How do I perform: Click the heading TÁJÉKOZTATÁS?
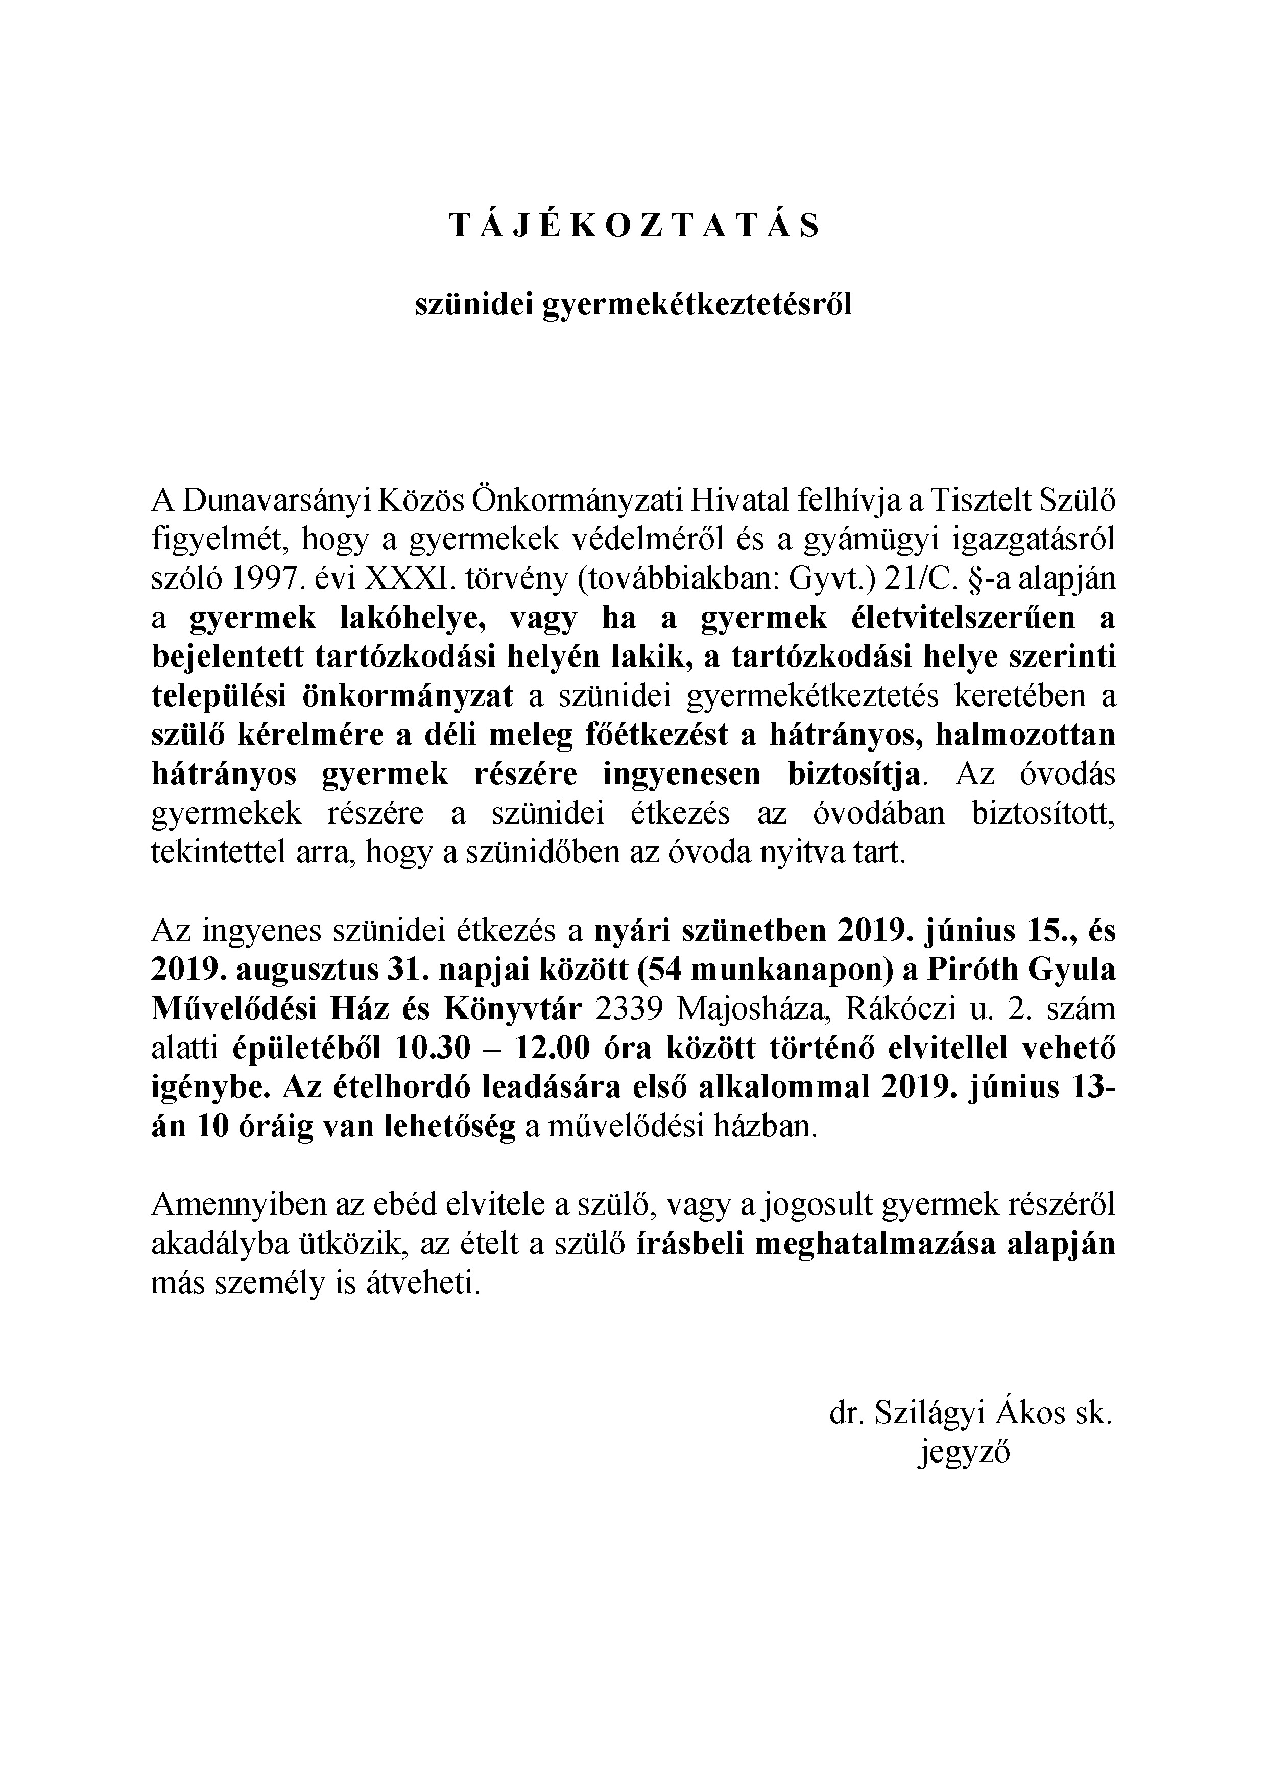tap(633, 226)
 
